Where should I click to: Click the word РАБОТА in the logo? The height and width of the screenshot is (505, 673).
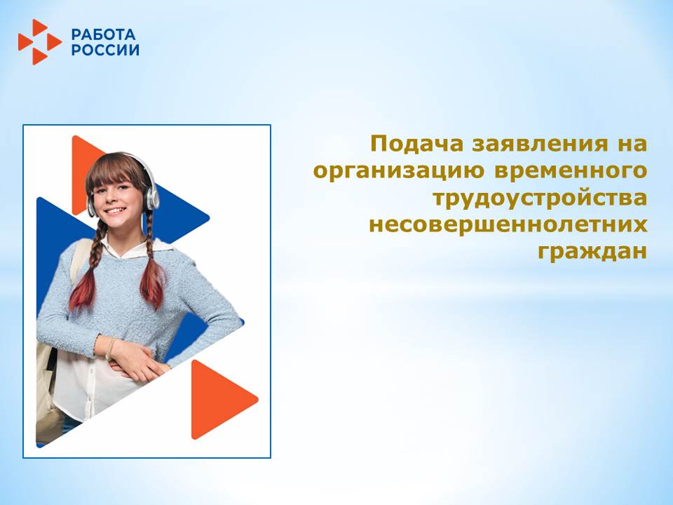103,34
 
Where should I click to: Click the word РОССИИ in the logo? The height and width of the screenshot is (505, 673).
105,50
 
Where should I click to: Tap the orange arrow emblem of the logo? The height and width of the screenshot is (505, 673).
39,42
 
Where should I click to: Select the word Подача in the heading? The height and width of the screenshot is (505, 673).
416,144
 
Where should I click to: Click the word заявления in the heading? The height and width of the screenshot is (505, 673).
540,144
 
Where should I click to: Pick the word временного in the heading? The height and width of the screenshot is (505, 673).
571,171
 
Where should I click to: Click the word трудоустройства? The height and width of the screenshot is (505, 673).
540,198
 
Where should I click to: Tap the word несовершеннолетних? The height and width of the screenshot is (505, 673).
508,225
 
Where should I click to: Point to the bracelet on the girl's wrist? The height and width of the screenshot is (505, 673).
110,348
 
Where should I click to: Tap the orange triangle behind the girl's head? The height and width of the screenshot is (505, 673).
83,172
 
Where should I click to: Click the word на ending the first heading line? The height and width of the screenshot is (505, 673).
632,144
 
